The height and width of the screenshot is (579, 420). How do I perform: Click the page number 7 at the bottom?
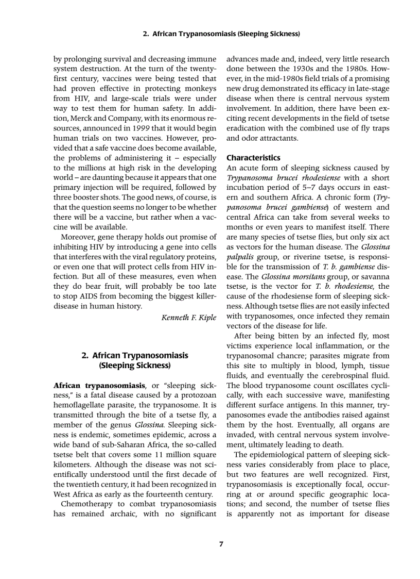click(x=221, y=544)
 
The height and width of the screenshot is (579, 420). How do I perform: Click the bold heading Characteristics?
click(x=253, y=158)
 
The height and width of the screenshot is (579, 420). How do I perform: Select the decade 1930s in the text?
click(x=316, y=69)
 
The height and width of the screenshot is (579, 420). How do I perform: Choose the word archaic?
click(x=123, y=514)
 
